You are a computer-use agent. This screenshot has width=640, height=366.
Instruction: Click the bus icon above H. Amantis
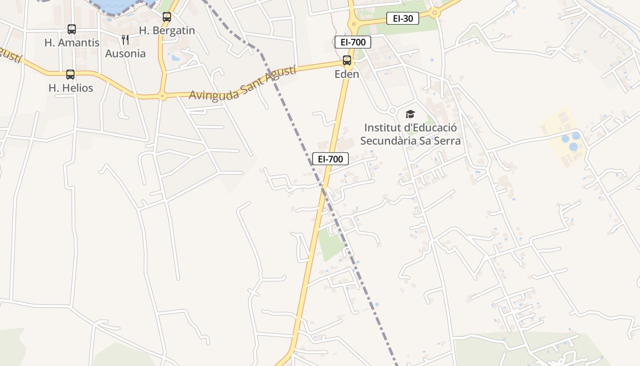(x=72, y=29)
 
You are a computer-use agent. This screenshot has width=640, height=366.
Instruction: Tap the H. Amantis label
(x=72, y=43)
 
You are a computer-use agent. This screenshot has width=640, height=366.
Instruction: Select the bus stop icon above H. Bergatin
(x=167, y=17)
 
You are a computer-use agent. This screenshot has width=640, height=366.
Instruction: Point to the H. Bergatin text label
(x=167, y=31)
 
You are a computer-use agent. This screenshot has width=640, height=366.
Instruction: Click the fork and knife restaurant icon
(x=125, y=40)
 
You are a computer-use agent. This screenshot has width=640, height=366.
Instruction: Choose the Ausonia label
(x=125, y=54)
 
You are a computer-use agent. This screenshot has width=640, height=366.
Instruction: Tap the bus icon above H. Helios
(x=70, y=75)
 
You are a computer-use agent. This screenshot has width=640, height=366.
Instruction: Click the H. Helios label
(x=71, y=88)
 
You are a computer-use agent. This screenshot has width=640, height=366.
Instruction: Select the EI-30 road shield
(x=402, y=18)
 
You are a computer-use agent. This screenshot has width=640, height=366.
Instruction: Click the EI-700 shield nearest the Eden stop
(x=352, y=42)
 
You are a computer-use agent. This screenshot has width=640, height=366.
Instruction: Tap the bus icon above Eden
(x=347, y=60)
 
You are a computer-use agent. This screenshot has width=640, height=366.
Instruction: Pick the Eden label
(x=347, y=74)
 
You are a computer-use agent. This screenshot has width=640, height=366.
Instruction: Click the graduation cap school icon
(x=410, y=114)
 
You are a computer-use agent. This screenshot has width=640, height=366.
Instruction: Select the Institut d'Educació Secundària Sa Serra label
(x=410, y=134)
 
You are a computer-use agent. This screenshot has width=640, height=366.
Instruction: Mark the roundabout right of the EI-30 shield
(x=435, y=13)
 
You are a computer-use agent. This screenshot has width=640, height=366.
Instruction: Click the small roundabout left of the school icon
(x=392, y=111)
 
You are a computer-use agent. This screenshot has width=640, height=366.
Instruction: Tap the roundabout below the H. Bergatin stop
(x=162, y=96)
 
